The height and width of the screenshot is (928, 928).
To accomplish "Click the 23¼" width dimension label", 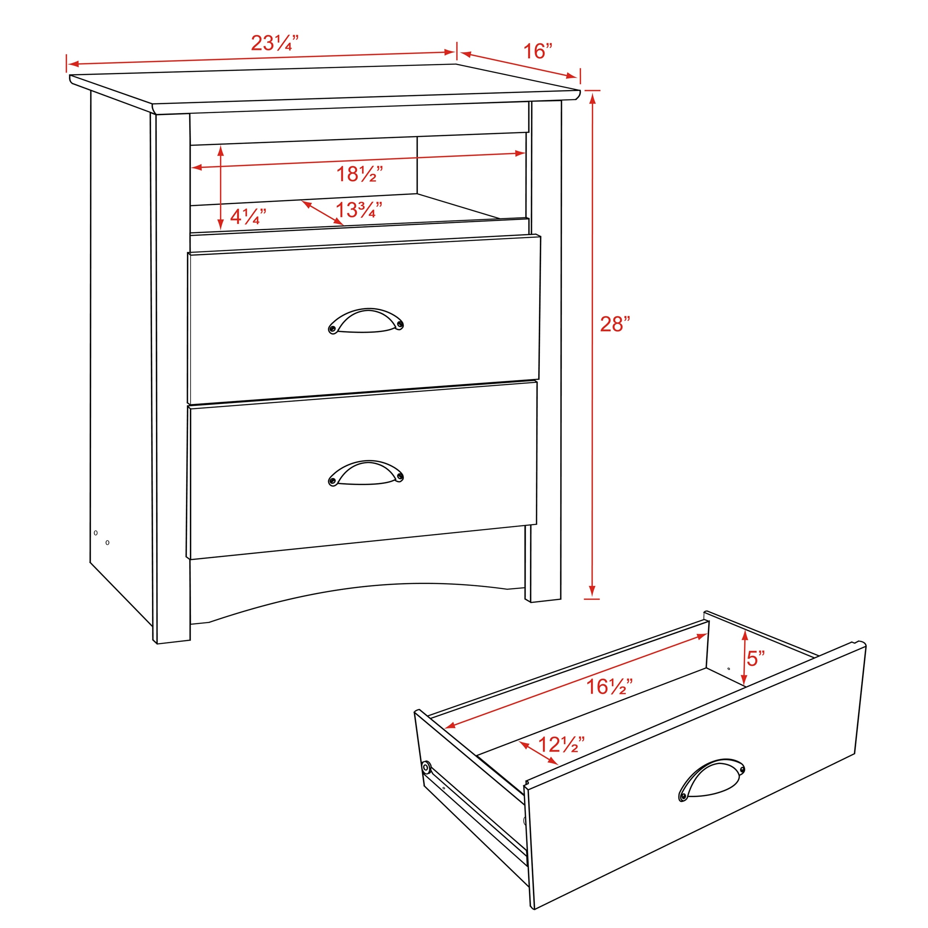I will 275,43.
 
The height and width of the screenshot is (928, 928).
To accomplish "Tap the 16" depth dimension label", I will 537,51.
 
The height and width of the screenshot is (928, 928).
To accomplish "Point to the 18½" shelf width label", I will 359,174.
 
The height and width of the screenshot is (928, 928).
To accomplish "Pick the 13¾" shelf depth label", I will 358,210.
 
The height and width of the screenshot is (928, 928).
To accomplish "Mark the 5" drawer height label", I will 755,659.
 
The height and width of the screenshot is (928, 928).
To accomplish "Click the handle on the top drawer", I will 366,320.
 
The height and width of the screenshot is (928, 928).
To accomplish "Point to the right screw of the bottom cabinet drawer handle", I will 399,477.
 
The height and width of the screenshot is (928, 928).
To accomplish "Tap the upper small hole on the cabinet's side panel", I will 96,533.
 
